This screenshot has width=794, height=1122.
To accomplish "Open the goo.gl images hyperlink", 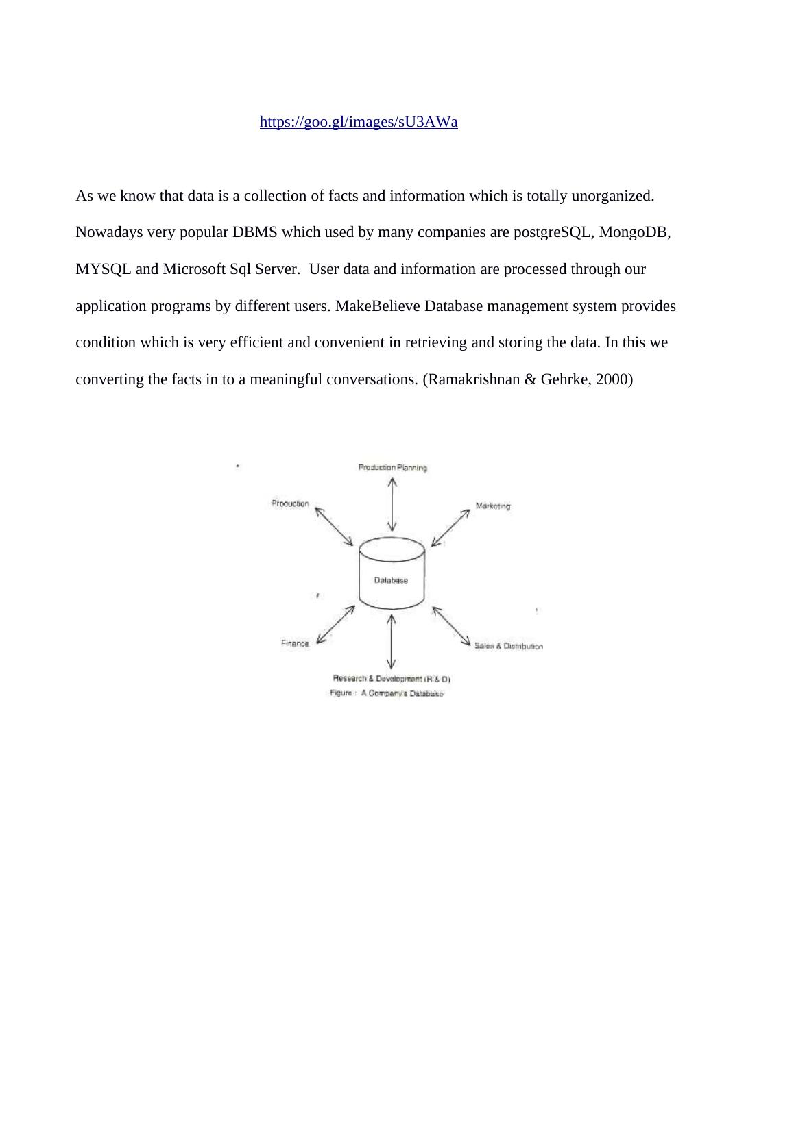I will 359,122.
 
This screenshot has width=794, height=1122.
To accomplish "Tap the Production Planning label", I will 392,468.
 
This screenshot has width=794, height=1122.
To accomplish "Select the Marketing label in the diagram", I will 493,506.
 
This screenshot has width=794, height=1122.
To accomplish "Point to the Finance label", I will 296,643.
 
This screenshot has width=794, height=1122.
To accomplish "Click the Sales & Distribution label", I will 508,646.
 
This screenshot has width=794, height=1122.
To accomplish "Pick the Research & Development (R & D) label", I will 391,679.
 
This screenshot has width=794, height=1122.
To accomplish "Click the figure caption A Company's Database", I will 387,693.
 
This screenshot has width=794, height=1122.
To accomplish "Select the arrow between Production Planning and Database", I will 392,504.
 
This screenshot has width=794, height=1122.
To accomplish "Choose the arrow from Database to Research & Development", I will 391,641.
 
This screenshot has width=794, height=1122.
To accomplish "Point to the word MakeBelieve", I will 378,306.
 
